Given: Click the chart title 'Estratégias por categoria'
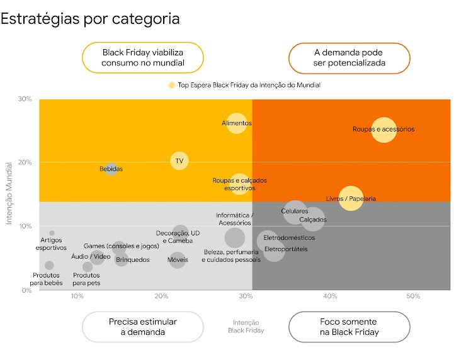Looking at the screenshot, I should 90,18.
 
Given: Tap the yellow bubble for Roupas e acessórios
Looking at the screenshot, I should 384,130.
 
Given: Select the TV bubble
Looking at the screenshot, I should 179,161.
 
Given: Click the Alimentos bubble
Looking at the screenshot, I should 237,123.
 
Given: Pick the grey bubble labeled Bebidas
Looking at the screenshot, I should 111,169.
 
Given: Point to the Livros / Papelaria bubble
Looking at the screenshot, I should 351,198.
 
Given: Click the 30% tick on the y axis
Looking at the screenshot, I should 25,99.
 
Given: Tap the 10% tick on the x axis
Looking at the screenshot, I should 77,296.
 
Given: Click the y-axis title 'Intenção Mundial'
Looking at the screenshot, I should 9,194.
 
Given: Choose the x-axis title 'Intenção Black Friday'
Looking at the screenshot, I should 246,326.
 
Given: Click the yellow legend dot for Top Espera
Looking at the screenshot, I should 171,85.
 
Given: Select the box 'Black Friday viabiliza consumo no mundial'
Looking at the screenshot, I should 143,58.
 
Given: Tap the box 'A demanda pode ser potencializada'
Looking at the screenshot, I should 349,58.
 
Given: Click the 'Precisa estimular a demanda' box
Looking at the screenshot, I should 143,327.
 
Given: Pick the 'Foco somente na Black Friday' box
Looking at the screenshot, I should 349,327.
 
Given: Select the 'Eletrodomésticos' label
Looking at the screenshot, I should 289,238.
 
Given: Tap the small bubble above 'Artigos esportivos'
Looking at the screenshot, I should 52,233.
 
